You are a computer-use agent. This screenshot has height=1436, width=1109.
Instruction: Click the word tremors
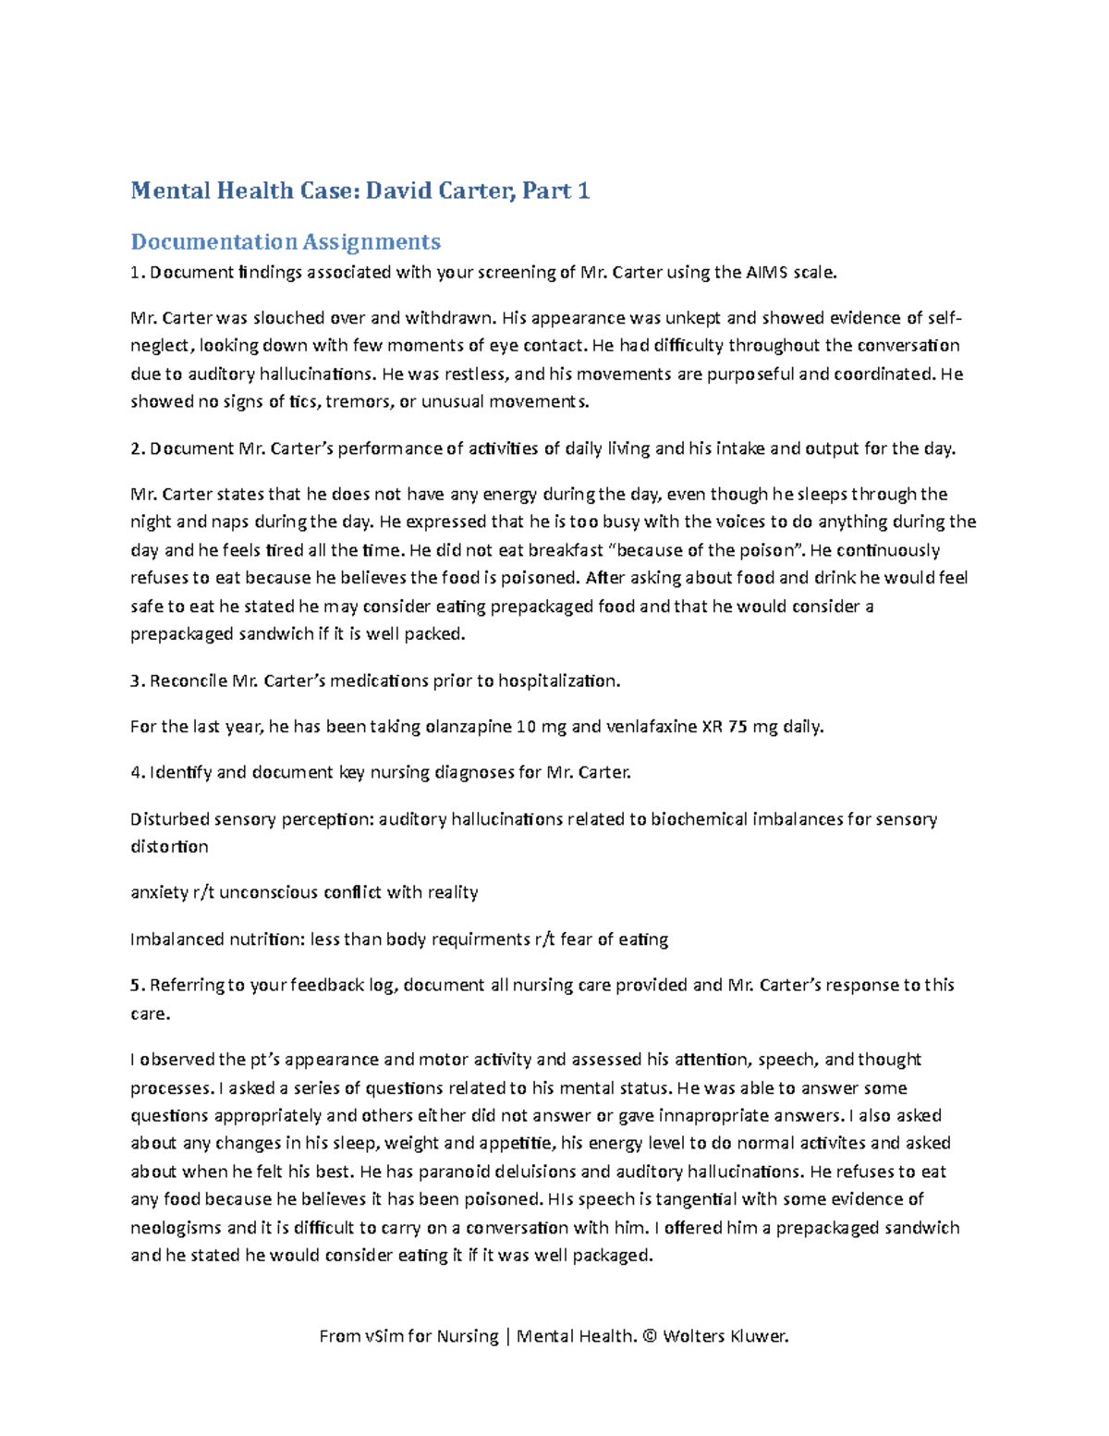360,401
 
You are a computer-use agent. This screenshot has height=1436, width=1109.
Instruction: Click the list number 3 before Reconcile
135,681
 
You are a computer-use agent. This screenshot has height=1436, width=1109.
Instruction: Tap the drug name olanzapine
468,727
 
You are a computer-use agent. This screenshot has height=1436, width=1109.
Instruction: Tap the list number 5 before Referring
135,986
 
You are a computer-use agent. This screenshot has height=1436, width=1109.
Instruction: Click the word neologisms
176,1228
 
